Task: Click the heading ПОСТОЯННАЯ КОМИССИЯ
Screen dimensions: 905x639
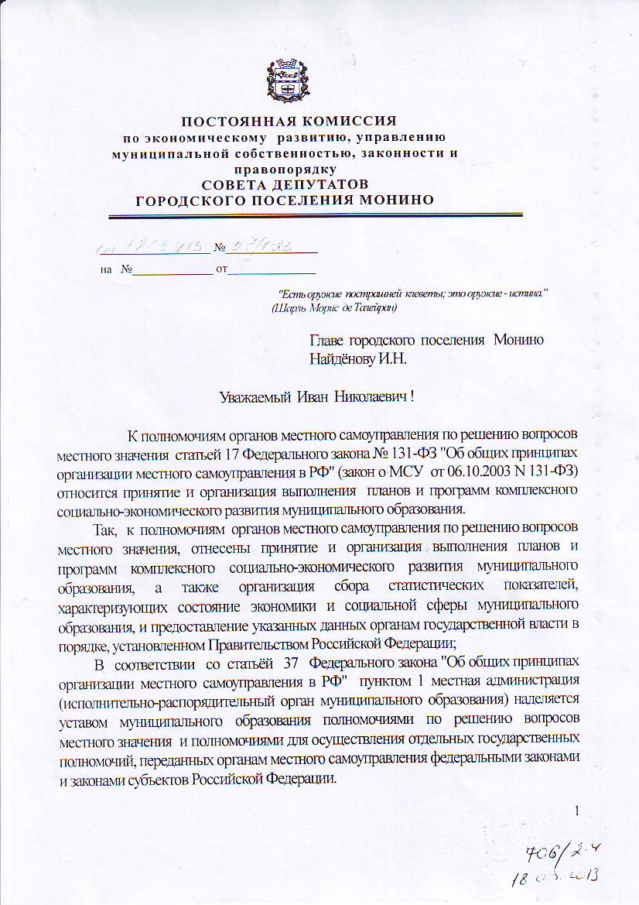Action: (289, 121)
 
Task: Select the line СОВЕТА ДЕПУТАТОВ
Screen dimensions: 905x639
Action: (285, 184)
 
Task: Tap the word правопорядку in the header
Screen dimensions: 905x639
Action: (285, 168)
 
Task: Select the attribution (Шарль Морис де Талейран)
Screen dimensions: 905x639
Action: (334, 307)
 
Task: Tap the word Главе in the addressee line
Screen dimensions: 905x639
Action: (326, 341)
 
